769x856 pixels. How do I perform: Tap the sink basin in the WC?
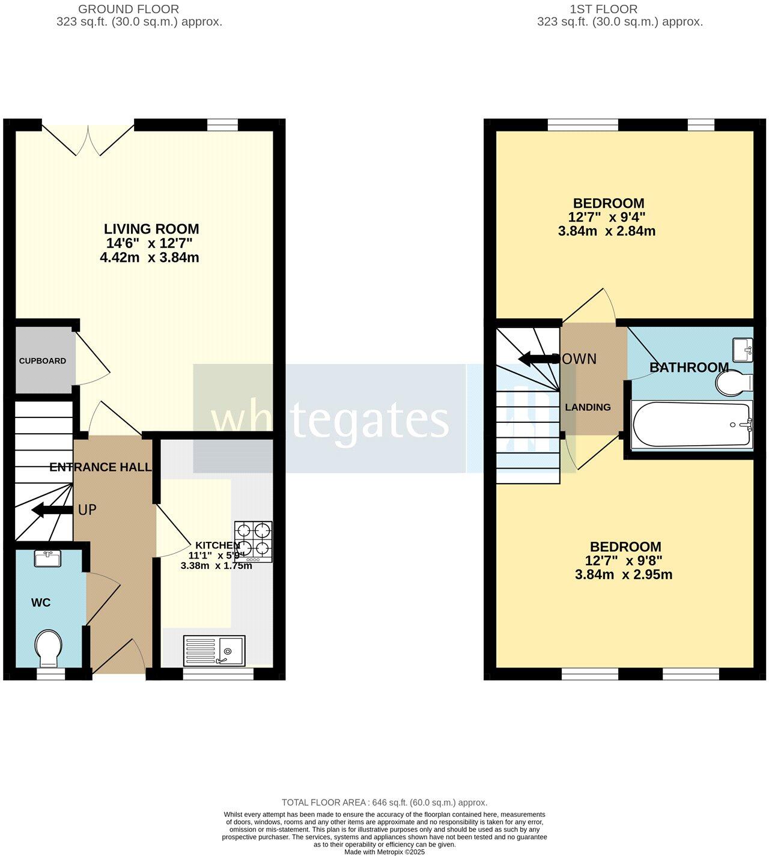[47, 559]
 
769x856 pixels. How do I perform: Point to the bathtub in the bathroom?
[691, 425]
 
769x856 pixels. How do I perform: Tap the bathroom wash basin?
[742, 349]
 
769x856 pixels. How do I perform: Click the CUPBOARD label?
[43, 361]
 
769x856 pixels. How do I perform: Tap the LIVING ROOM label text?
[151, 229]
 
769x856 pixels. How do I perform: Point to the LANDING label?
[588, 407]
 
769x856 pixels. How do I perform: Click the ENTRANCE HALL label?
[100, 467]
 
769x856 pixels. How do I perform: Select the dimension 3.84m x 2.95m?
[624, 575]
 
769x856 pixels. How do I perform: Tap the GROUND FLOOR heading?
[129, 9]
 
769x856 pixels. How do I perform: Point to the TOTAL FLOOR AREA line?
[384, 803]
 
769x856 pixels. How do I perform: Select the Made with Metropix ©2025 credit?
[384, 852]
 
